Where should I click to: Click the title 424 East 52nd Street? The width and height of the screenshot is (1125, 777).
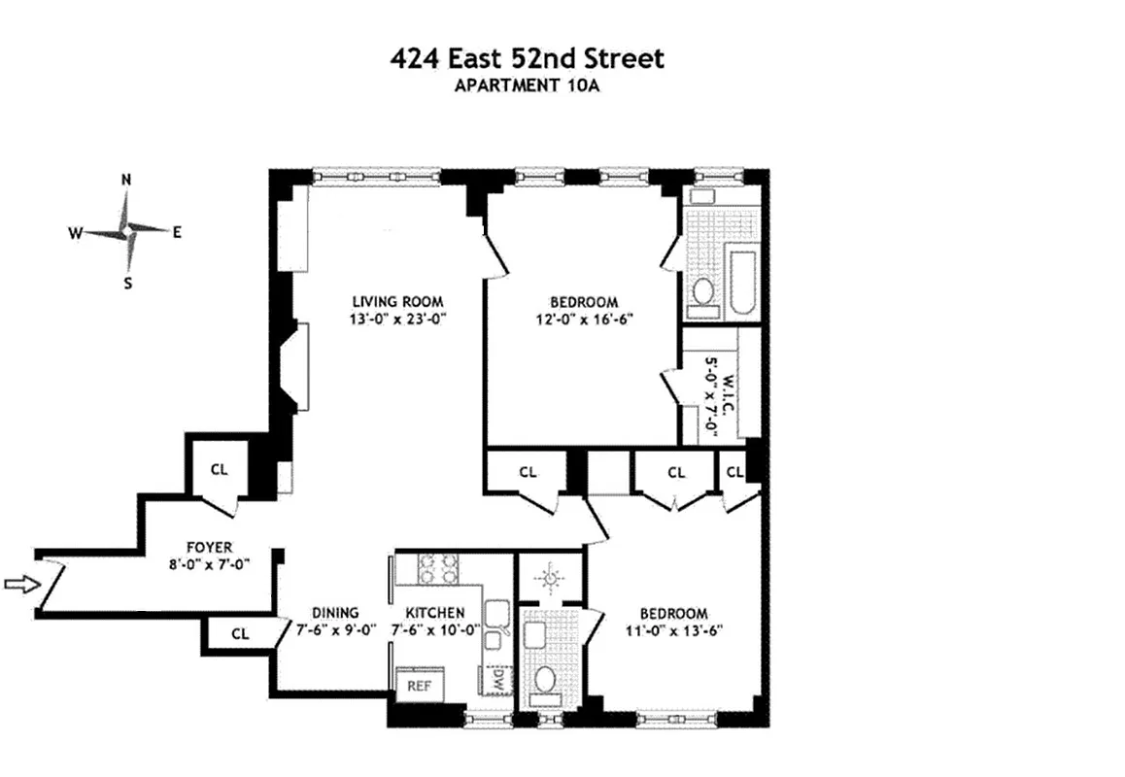click(527, 58)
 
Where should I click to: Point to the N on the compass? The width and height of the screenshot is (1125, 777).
click(126, 180)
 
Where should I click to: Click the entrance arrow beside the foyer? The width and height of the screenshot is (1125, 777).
click(19, 584)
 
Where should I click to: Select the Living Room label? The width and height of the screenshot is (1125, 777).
click(385, 301)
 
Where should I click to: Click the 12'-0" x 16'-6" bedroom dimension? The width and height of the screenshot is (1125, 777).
click(582, 319)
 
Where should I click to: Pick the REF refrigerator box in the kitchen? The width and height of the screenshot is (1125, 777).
click(419, 685)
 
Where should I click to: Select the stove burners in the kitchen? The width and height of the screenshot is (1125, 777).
click(437, 568)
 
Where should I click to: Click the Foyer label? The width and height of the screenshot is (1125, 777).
click(209, 548)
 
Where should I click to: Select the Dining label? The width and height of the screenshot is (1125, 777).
click(335, 613)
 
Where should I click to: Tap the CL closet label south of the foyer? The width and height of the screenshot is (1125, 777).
click(240, 633)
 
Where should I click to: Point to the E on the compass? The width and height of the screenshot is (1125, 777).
click(178, 231)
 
